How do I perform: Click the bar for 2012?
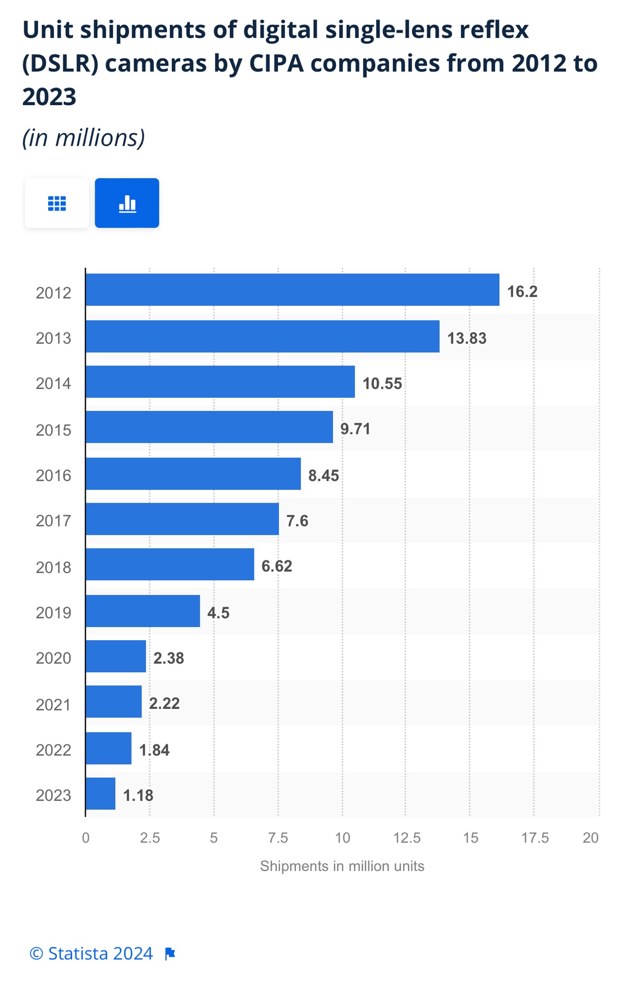[x=292, y=290]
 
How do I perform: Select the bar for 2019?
[x=143, y=611]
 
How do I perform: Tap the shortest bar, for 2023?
[x=101, y=793]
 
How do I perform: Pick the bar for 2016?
[x=193, y=474]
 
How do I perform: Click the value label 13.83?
[x=466, y=338]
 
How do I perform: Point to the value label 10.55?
[x=382, y=383]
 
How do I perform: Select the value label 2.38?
[x=168, y=658]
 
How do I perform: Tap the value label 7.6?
[x=297, y=520]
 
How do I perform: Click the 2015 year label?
[x=54, y=430]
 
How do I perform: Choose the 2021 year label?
[x=54, y=705]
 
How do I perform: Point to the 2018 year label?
[x=54, y=567]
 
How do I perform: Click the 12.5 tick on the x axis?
[x=407, y=838]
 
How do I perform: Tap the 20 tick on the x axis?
[x=590, y=838]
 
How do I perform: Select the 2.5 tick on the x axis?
[x=150, y=838]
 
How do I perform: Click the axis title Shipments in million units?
[x=342, y=866]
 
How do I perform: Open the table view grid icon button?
[x=57, y=203]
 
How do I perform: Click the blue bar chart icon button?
[x=127, y=203]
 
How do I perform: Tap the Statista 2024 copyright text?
[x=91, y=954]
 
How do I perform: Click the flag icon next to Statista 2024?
[x=170, y=954]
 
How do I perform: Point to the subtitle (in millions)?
[x=83, y=138]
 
